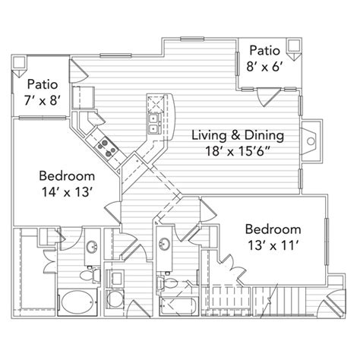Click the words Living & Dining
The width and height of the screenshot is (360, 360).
[x=238, y=135]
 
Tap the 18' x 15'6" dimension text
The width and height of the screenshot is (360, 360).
[x=236, y=151]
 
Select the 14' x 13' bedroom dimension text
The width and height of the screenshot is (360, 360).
[x=66, y=192]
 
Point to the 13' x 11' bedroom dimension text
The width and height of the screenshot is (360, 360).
[x=273, y=245]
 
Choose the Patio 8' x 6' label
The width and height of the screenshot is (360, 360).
[x=264, y=58]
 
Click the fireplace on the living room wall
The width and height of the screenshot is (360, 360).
[x=311, y=141]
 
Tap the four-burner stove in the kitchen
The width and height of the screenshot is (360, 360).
[x=107, y=148]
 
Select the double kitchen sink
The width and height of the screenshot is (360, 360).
[x=154, y=123]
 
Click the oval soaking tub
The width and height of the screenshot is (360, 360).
[x=77, y=302]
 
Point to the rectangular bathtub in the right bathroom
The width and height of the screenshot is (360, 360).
[x=178, y=306]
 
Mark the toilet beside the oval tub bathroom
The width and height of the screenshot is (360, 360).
[x=89, y=275]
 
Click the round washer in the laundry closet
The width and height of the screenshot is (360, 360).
[x=115, y=299]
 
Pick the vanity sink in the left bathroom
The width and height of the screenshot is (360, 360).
[x=92, y=247]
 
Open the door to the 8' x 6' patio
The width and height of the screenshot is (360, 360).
[x=268, y=96]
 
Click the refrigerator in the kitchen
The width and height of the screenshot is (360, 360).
[x=84, y=98]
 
